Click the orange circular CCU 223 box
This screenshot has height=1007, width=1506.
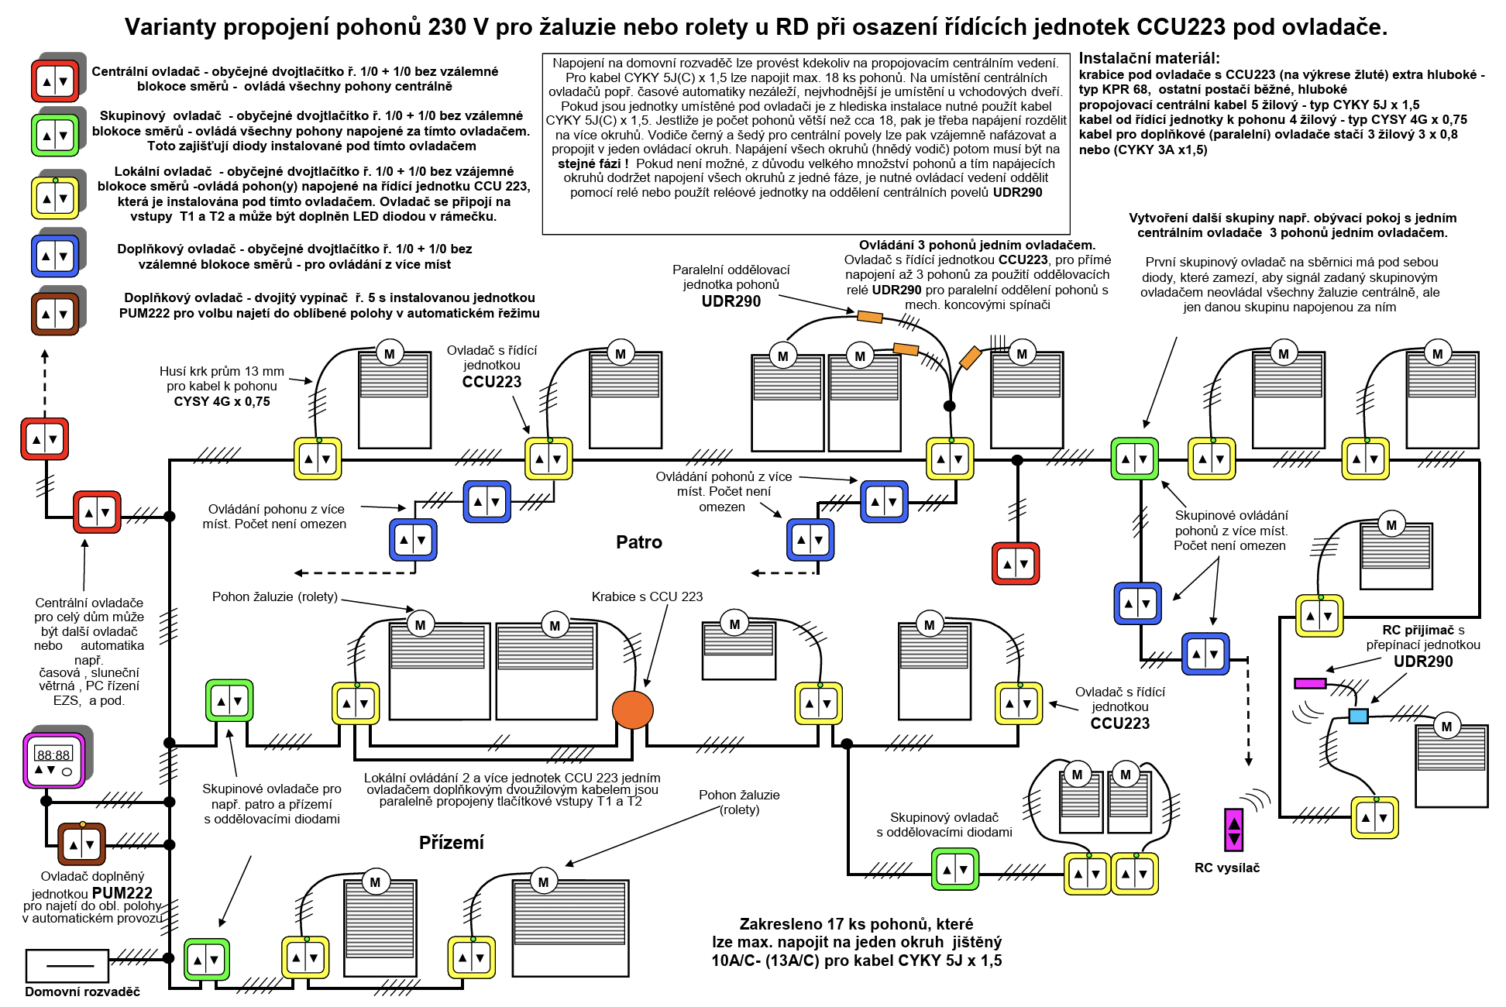pos(632,709)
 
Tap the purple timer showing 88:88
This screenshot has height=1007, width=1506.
pos(54,760)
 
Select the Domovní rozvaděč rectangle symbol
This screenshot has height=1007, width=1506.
pos(67,965)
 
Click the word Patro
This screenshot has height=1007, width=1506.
pos(639,542)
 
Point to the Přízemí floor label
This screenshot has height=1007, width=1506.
pos(451,843)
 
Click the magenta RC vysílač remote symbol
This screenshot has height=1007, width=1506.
pos(1233,830)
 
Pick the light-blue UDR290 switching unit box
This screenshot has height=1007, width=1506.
pos(1358,716)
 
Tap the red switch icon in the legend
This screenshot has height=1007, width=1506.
pos(55,81)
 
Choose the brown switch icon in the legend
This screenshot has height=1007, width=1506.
pos(55,313)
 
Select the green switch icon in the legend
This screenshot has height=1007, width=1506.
pos(55,136)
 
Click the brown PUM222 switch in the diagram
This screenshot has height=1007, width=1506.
pos(81,844)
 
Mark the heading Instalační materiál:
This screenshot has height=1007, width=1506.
pos(1149,58)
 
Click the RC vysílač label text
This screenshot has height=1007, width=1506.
pos(1226,868)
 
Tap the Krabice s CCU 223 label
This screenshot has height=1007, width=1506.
pos(647,596)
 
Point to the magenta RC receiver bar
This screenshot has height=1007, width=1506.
pos(1310,683)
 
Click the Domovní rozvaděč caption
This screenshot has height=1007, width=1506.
pos(82,992)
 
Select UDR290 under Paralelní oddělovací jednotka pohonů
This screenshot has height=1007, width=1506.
pos(731,301)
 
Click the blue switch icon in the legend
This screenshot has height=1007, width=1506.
pos(55,256)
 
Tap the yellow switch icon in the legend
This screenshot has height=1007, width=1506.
pos(55,198)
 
